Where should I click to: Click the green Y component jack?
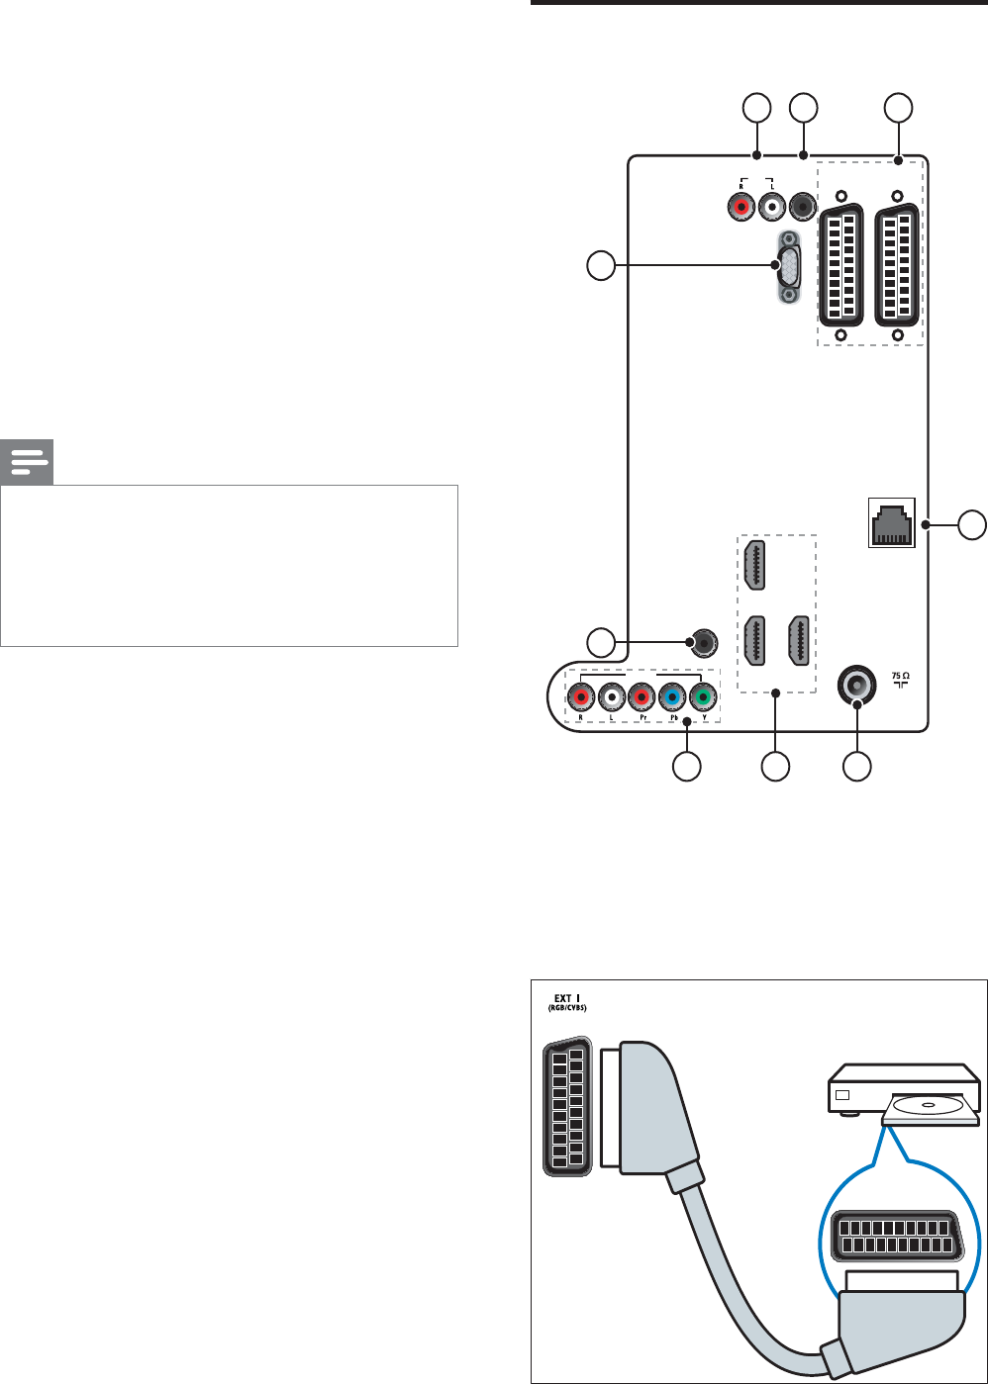(703, 698)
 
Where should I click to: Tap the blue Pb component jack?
(672, 698)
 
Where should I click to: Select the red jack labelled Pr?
(642, 698)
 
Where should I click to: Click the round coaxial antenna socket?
(856, 683)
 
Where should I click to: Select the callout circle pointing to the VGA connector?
(600, 264)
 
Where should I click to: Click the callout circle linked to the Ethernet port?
(973, 524)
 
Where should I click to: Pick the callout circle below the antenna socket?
(857, 767)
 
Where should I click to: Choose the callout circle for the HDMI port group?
(775, 767)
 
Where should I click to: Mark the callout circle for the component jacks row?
(687, 767)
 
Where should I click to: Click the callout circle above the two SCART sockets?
(898, 108)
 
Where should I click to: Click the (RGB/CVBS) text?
(568, 1010)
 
